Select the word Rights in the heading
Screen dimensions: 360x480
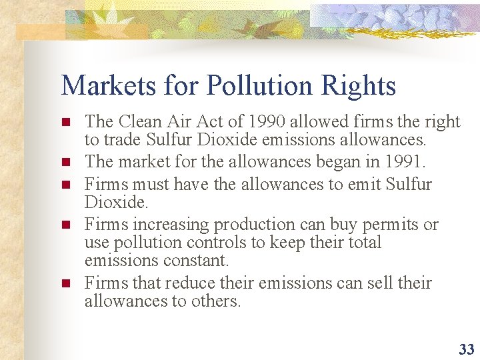(x=363, y=86)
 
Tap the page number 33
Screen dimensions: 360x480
(x=466, y=349)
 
